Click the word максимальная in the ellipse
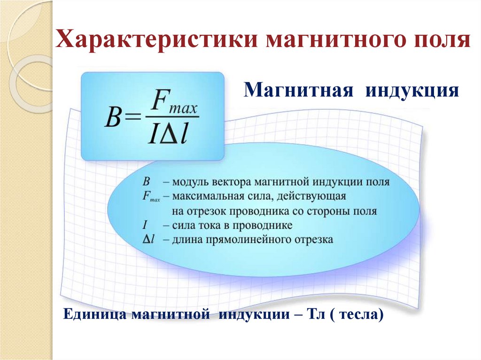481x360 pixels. click(x=202, y=196)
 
